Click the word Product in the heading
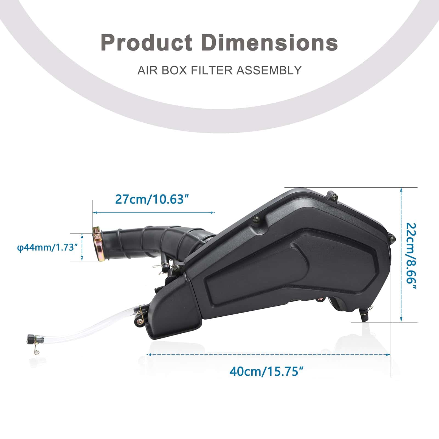(147, 42)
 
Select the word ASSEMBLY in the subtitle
(269, 70)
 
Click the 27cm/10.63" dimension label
(153, 199)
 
